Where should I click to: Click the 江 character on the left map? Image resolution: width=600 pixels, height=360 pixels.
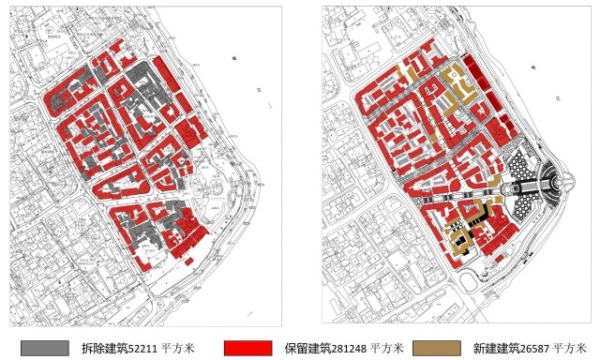[x=257, y=91]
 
